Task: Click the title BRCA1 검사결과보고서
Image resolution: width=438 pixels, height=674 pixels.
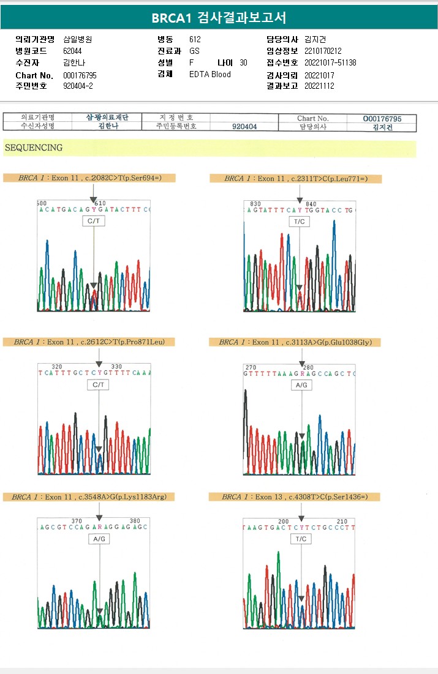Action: coord(219,18)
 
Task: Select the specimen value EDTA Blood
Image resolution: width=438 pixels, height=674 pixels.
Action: coord(210,74)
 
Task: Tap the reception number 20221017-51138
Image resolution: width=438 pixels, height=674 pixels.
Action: coord(330,63)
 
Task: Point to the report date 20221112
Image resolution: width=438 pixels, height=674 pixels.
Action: coord(319,86)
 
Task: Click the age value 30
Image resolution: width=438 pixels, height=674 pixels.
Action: coord(243,63)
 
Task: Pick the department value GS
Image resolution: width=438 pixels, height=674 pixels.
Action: coord(194,51)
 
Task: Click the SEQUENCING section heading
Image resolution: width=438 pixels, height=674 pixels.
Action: coord(33,148)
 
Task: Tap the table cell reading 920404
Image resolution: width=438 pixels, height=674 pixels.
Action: coord(244,127)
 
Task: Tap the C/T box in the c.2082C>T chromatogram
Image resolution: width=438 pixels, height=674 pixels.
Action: coord(94,222)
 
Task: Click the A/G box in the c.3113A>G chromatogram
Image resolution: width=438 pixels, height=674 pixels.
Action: coord(301,386)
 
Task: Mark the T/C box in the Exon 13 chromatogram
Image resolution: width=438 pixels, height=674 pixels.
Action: coord(301,539)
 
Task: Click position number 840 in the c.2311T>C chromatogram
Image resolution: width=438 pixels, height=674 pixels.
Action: coord(311,204)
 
